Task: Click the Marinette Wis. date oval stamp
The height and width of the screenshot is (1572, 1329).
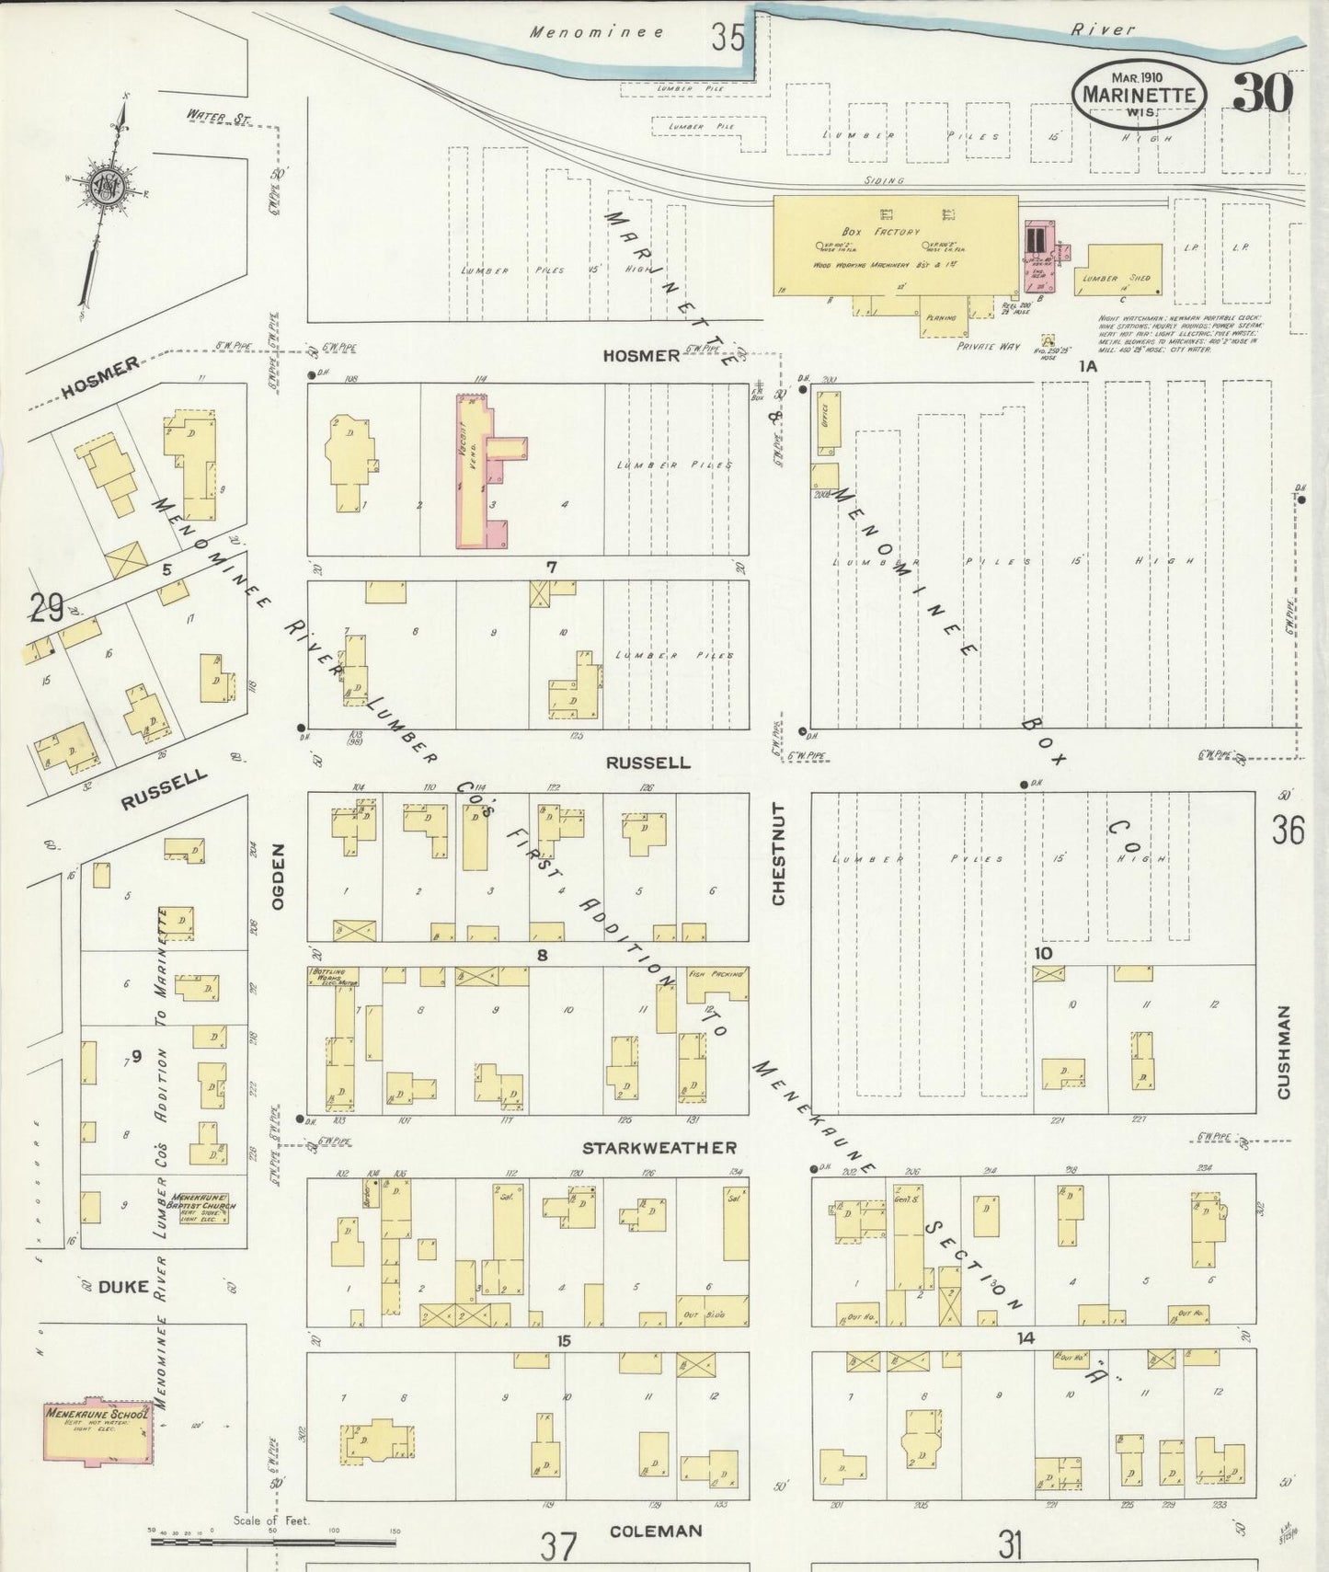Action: click(x=1139, y=95)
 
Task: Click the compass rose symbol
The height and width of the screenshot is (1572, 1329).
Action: click(x=107, y=188)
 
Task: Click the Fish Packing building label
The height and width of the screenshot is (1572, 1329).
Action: click(x=716, y=973)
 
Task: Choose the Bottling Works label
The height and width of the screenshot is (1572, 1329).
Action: click(x=333, y=976)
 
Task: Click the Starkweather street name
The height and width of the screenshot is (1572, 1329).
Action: click(x=659, y=1148)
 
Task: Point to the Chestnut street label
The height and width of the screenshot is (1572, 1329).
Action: click(x=779, y=854)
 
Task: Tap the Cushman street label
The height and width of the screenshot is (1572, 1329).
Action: click(x=1283, y=1051)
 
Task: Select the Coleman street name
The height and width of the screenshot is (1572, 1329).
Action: click(x=656, y=1531)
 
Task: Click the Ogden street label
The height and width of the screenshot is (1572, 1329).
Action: click(x=277, y=877)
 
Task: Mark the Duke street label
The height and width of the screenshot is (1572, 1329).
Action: click(x=122, y=1287)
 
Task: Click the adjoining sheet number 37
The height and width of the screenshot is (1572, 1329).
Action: click(x=557, y=1546)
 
